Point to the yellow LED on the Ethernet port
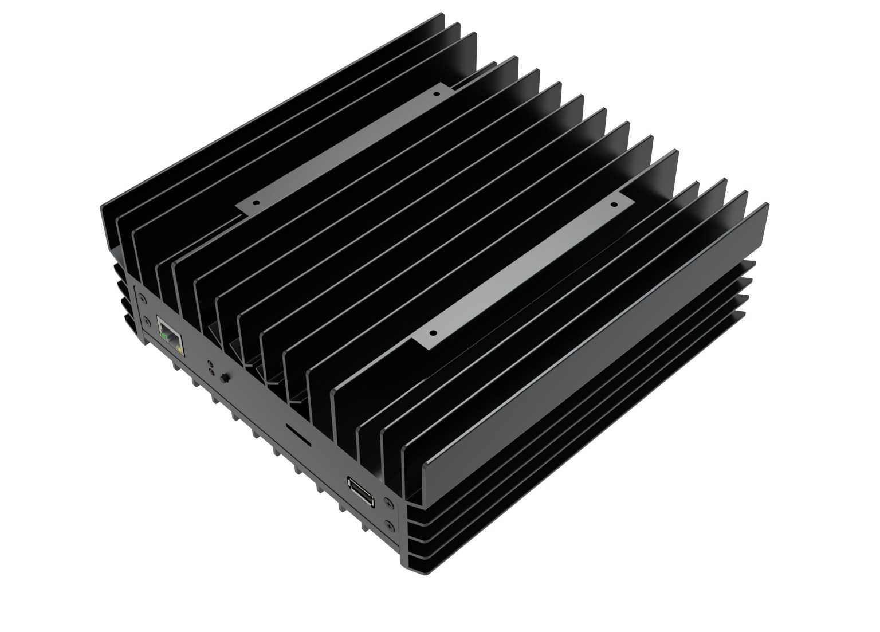coord(180,347)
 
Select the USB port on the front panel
coord(362,492)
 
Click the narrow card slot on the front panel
coord(298,437)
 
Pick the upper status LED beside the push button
coord(212,364)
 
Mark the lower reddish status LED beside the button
coord(213,373)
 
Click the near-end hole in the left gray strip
coord(256,203)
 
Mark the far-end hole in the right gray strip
coord(614,203)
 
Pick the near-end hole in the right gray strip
coord(433,332)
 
